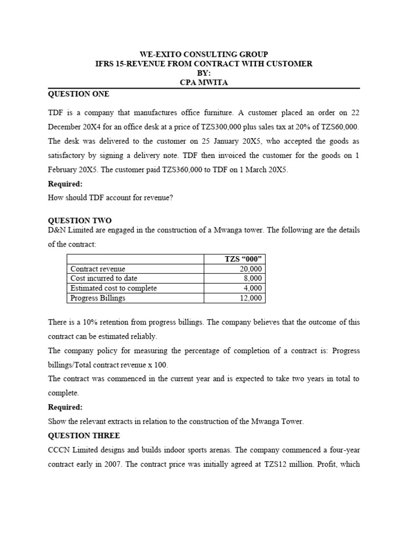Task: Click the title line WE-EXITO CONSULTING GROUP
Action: (x=203, y=55)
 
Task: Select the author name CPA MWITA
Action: (x=203, y=82)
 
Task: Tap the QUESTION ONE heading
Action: (x=79, y=94)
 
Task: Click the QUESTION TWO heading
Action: (x=80, y=220)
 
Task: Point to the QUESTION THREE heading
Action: (x=84, y=435)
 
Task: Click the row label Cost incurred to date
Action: (x=104, y=278)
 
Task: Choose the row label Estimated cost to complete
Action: (x=114, y=288)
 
